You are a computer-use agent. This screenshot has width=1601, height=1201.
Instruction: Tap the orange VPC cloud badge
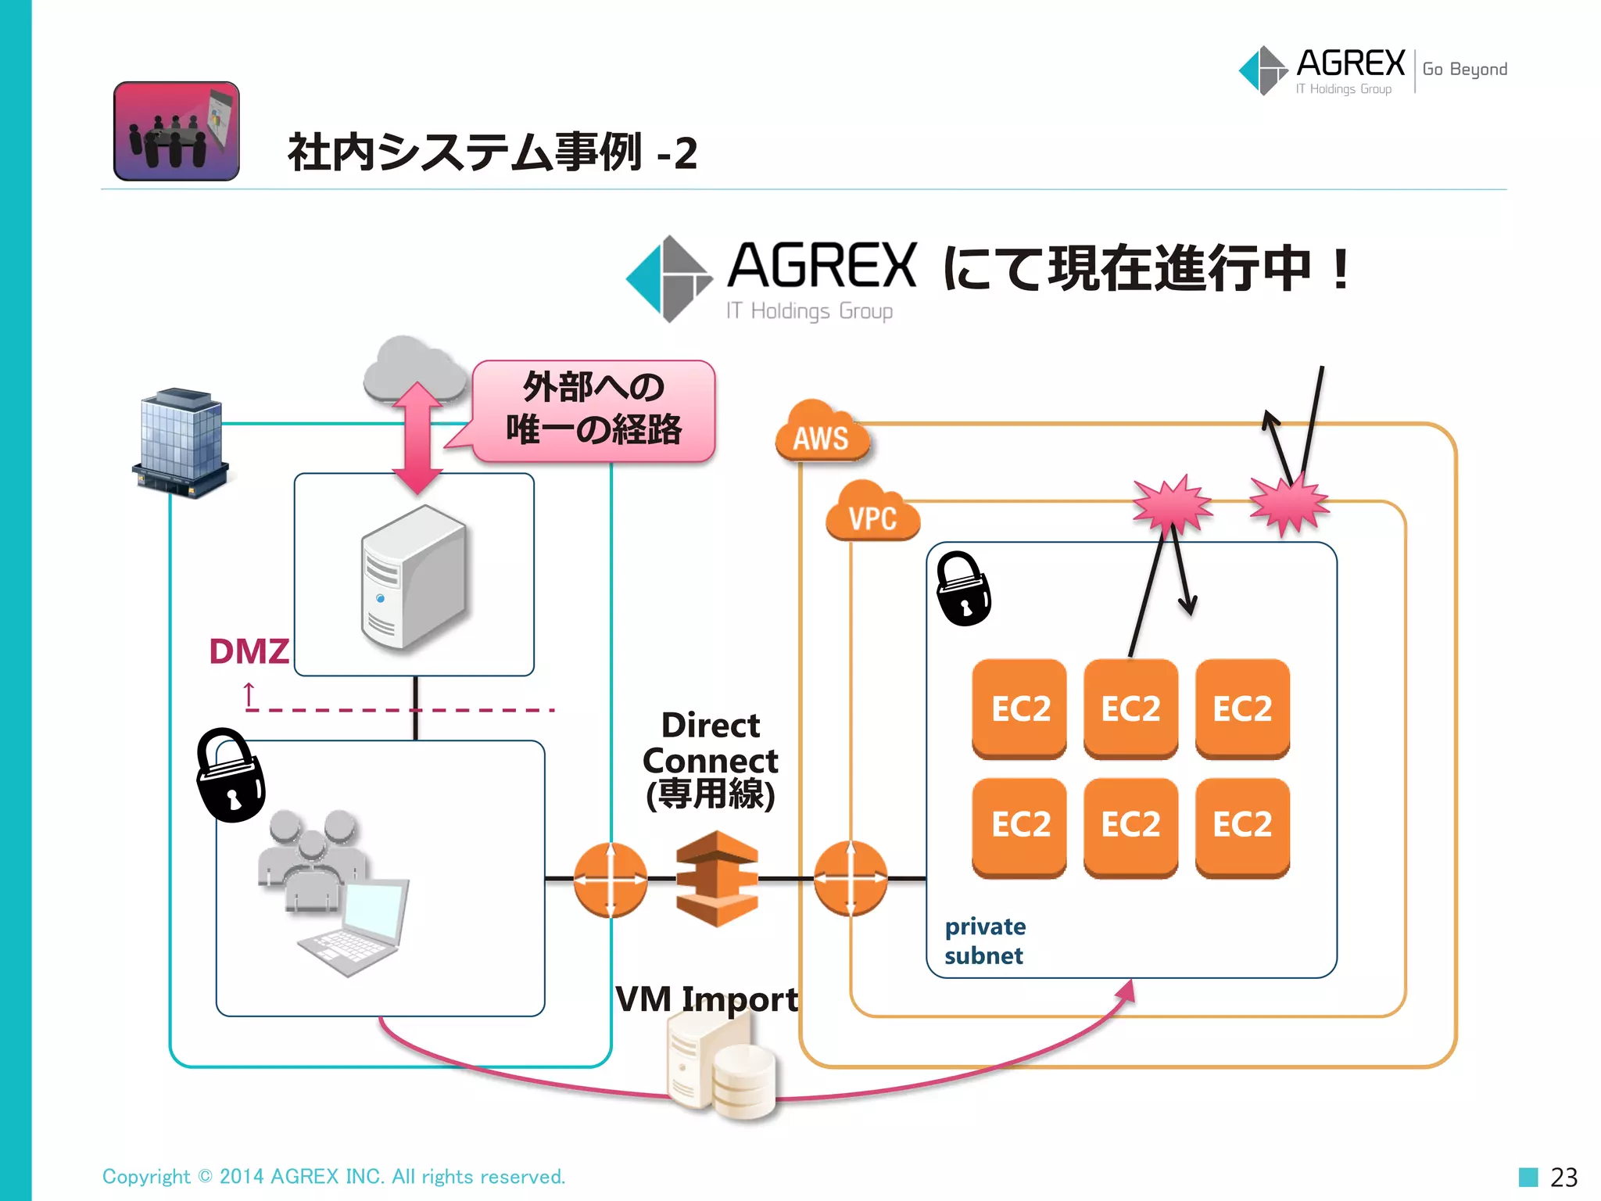pyautogui.click(x=872, y=514)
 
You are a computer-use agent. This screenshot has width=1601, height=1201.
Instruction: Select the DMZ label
pyautogui.click(x=249, y=651)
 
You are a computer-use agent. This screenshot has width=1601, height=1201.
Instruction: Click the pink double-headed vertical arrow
pyautogui.click(x=417, y=438)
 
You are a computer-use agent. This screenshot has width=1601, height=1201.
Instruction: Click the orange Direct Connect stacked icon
pyautogui.click(x=717, y=879)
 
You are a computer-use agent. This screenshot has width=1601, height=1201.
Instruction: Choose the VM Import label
pyautogui.click(x=706, y=999)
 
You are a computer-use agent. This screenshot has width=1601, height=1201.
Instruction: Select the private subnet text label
pyautogui.click(x=985, y=941)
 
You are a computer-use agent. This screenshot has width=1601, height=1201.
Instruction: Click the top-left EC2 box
pyautogui.click(x=1019, y=708)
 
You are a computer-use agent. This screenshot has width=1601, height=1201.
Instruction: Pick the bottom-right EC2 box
pyautogui.click(x=1242, y=826)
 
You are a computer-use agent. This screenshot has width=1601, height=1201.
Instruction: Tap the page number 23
pyautogui.click(x=1563, y=1177)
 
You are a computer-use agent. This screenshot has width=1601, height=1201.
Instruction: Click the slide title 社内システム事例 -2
pyautogui.click(x=492, y=152)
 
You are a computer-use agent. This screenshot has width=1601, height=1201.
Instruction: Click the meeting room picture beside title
pyautogui.click(x=177, y=131)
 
